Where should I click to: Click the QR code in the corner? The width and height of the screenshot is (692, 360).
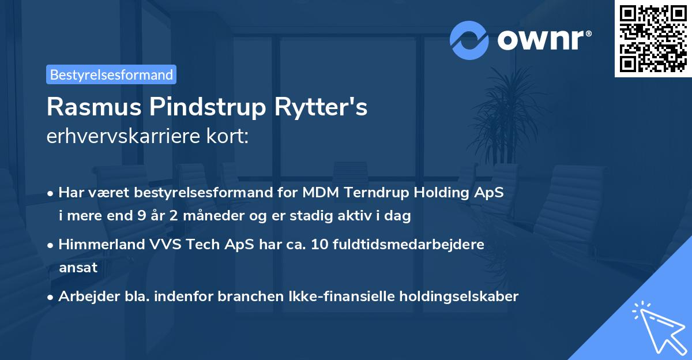pyautogui.click(x=653, y=39)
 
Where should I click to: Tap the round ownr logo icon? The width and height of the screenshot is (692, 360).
pyautogui.click(x=469, y=40)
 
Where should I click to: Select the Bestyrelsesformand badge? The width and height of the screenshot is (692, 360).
pyautogui.click(x=111, y=74)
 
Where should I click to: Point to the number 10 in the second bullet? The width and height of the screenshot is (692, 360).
pyautogui.click(x=321, y=245)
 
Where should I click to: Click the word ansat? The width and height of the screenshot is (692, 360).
pyautogui.click(x=78, y=268)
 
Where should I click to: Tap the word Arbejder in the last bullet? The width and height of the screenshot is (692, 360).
pyautogui.click(x=85, y=297)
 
